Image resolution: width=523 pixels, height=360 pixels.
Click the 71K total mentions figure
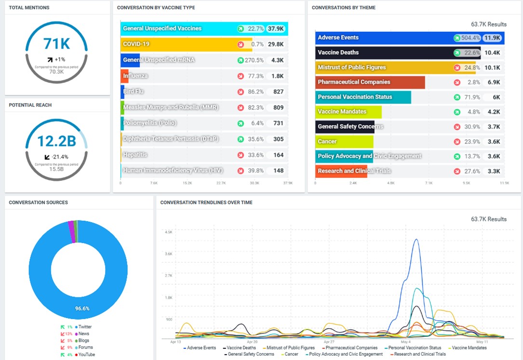pyautogui.click(x=56, y=44)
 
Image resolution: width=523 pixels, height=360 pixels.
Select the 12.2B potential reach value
pyautogui.click(x=56, y=141)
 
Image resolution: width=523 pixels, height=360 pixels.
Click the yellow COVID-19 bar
pyautogui.click(x=186, y=44)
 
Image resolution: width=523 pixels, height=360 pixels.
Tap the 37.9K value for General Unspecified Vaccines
pyautogui.click(x=276, y=29)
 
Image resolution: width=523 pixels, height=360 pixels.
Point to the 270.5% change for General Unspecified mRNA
pyautogui.click(x=254, y=60)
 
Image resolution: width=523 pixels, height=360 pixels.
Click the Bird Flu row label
pyautogui.click(x=134, y=92)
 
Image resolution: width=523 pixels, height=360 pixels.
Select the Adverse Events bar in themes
pyautogui.click(x=383, y=38)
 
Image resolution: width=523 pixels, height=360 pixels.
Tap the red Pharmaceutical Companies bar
pyautogui.click(x=370, y=82)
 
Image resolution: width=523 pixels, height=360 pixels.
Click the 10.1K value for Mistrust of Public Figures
pyautogui.click(x=492, y=67)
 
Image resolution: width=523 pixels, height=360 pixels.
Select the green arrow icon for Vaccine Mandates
pyautogui.click(x=456, y=112)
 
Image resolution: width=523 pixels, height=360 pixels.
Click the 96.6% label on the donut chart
pyautogui.click(x=82, y=308)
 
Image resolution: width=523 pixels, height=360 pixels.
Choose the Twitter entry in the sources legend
pyautogui.click(x=84, y=327)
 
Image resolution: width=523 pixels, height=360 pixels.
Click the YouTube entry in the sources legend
pyautogui.click(x=86, y=355)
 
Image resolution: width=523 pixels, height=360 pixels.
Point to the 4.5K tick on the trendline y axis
pyautogui.click(x=168, y=232)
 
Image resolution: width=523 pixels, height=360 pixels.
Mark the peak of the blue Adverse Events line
pyautogui.click(x=416, y=240)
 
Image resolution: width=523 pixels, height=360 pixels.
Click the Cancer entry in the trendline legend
pyautogui.click(x=291, y=354)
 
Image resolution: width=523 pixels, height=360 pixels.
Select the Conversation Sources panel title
pyautogui.click(x=39, y=202)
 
